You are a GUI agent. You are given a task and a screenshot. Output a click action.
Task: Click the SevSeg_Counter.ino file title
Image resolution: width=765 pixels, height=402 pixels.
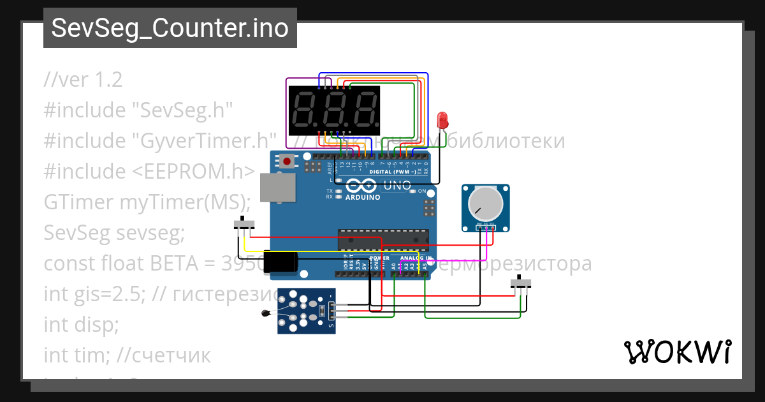170,28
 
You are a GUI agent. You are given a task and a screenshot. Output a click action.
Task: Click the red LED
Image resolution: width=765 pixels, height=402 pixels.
442,119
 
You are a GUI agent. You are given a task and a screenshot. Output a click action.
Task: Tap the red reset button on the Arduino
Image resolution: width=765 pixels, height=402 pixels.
288,161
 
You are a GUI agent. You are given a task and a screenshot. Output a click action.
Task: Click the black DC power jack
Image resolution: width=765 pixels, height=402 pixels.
281,262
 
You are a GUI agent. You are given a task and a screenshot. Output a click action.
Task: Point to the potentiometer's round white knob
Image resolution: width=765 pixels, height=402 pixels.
485,205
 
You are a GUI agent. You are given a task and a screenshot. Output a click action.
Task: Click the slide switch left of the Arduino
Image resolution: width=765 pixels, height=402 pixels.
244,224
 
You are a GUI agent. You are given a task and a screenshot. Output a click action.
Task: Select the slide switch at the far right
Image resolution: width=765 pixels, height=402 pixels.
523,283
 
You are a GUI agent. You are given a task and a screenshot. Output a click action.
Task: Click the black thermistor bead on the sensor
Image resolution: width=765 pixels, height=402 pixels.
265,313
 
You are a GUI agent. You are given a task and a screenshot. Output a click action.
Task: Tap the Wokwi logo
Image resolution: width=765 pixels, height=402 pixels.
677,352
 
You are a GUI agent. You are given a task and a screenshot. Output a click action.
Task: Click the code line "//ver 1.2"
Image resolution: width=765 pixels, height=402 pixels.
83,80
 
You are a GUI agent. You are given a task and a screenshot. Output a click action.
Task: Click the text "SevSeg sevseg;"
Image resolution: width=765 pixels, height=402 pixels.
113,233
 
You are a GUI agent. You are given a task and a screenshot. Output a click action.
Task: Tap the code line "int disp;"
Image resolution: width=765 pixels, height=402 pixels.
81,325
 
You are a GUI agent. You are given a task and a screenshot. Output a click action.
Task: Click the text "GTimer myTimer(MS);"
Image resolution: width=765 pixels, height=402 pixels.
147,202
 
